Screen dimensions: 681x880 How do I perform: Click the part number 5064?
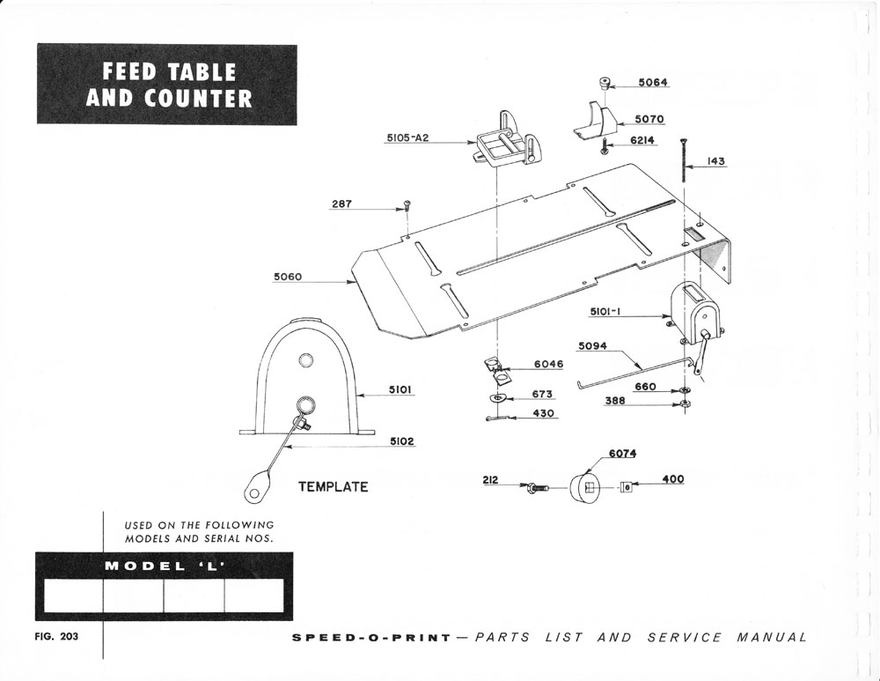tap(654, 83)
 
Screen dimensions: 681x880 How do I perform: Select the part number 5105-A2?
tap(407, 138)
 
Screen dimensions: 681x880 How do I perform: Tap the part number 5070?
tap(649, 119)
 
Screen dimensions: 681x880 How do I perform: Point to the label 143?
tap(715, 162)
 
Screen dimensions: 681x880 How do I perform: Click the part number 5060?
tap(288, 278)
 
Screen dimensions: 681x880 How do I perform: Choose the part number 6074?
tap(622, 454)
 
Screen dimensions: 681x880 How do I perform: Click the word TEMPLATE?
tap(333, 486)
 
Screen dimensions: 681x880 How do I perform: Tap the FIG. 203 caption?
tap(56, 637)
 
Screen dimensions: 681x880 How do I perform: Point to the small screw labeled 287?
tap(407, 205)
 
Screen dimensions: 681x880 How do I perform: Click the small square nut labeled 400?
tap(624, 486)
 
